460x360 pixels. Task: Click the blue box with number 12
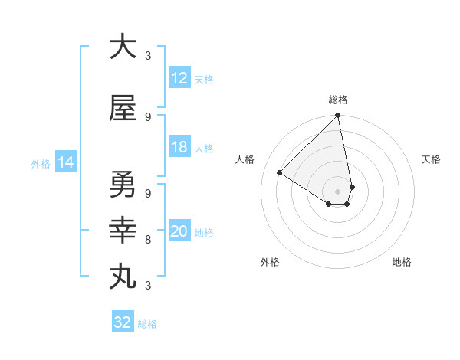coord(179,78)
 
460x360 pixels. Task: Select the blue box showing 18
coord(179,147)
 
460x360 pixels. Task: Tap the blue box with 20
coord(179,232)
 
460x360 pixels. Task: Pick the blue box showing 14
coord(65,162)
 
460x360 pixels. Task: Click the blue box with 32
coord(123,322)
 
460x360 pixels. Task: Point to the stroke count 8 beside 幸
coord(148,240)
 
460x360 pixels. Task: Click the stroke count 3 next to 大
coord(148,56)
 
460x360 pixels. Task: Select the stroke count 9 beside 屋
coord(148,117)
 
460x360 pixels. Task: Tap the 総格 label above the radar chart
coord(338,100)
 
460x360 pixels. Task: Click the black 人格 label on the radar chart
coord(245,159)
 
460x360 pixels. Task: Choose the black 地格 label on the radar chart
coord(402,262)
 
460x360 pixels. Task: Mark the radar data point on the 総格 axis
coord(338,116)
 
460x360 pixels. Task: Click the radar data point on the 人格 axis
coord(280,172)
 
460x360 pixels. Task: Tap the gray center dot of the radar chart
coord(338,191)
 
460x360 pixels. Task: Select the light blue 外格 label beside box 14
coord(40,163)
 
